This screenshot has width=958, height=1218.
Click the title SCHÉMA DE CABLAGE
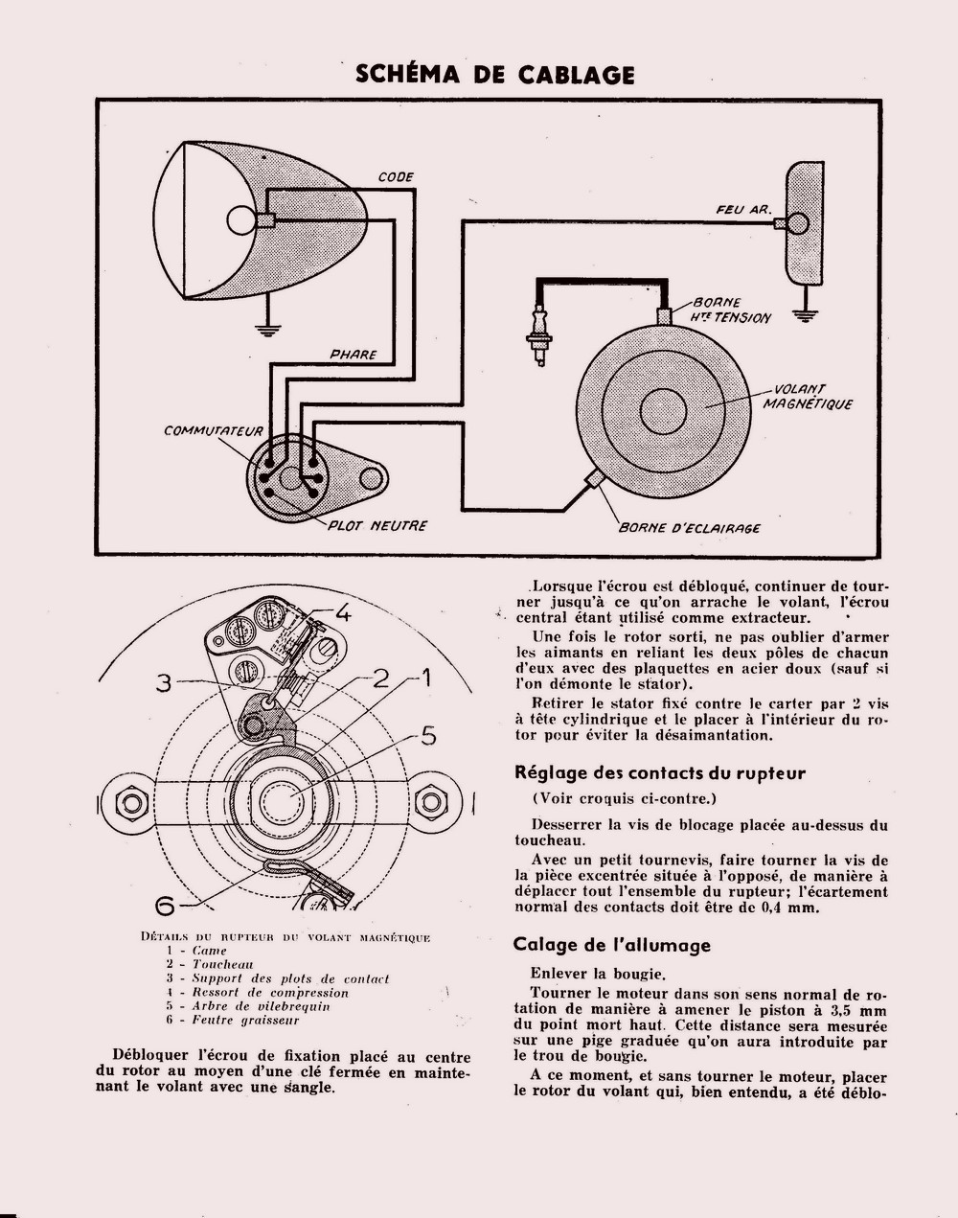494,75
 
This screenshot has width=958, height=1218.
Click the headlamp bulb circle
241,220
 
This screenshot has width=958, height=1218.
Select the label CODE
396,177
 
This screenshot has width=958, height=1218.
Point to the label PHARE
353,355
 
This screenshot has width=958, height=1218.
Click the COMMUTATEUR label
213,431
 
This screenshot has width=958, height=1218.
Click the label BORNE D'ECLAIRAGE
690,528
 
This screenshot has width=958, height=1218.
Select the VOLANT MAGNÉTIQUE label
807,397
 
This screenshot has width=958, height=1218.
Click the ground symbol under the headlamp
270,331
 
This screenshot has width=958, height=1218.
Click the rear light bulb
797,224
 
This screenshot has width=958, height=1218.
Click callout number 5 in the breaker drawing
428,736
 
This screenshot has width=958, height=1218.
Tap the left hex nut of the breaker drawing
131,802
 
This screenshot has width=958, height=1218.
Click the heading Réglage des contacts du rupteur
660,772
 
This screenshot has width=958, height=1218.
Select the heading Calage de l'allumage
612,945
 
